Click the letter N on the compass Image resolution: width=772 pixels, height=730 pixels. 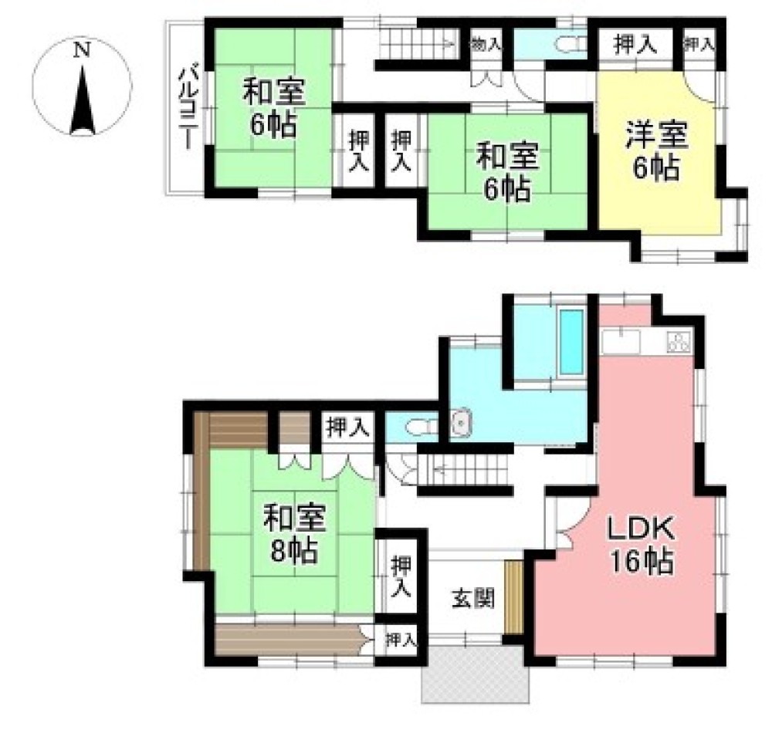82,51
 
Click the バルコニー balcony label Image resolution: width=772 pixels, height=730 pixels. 186,107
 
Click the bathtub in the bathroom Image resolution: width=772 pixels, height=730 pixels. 571,341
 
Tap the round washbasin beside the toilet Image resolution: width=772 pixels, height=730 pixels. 461,422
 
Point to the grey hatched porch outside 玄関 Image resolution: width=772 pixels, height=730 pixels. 475,674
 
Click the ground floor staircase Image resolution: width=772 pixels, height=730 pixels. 463,468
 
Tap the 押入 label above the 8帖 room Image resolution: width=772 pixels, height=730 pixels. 347,427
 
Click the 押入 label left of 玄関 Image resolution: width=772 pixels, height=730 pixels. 400,576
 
